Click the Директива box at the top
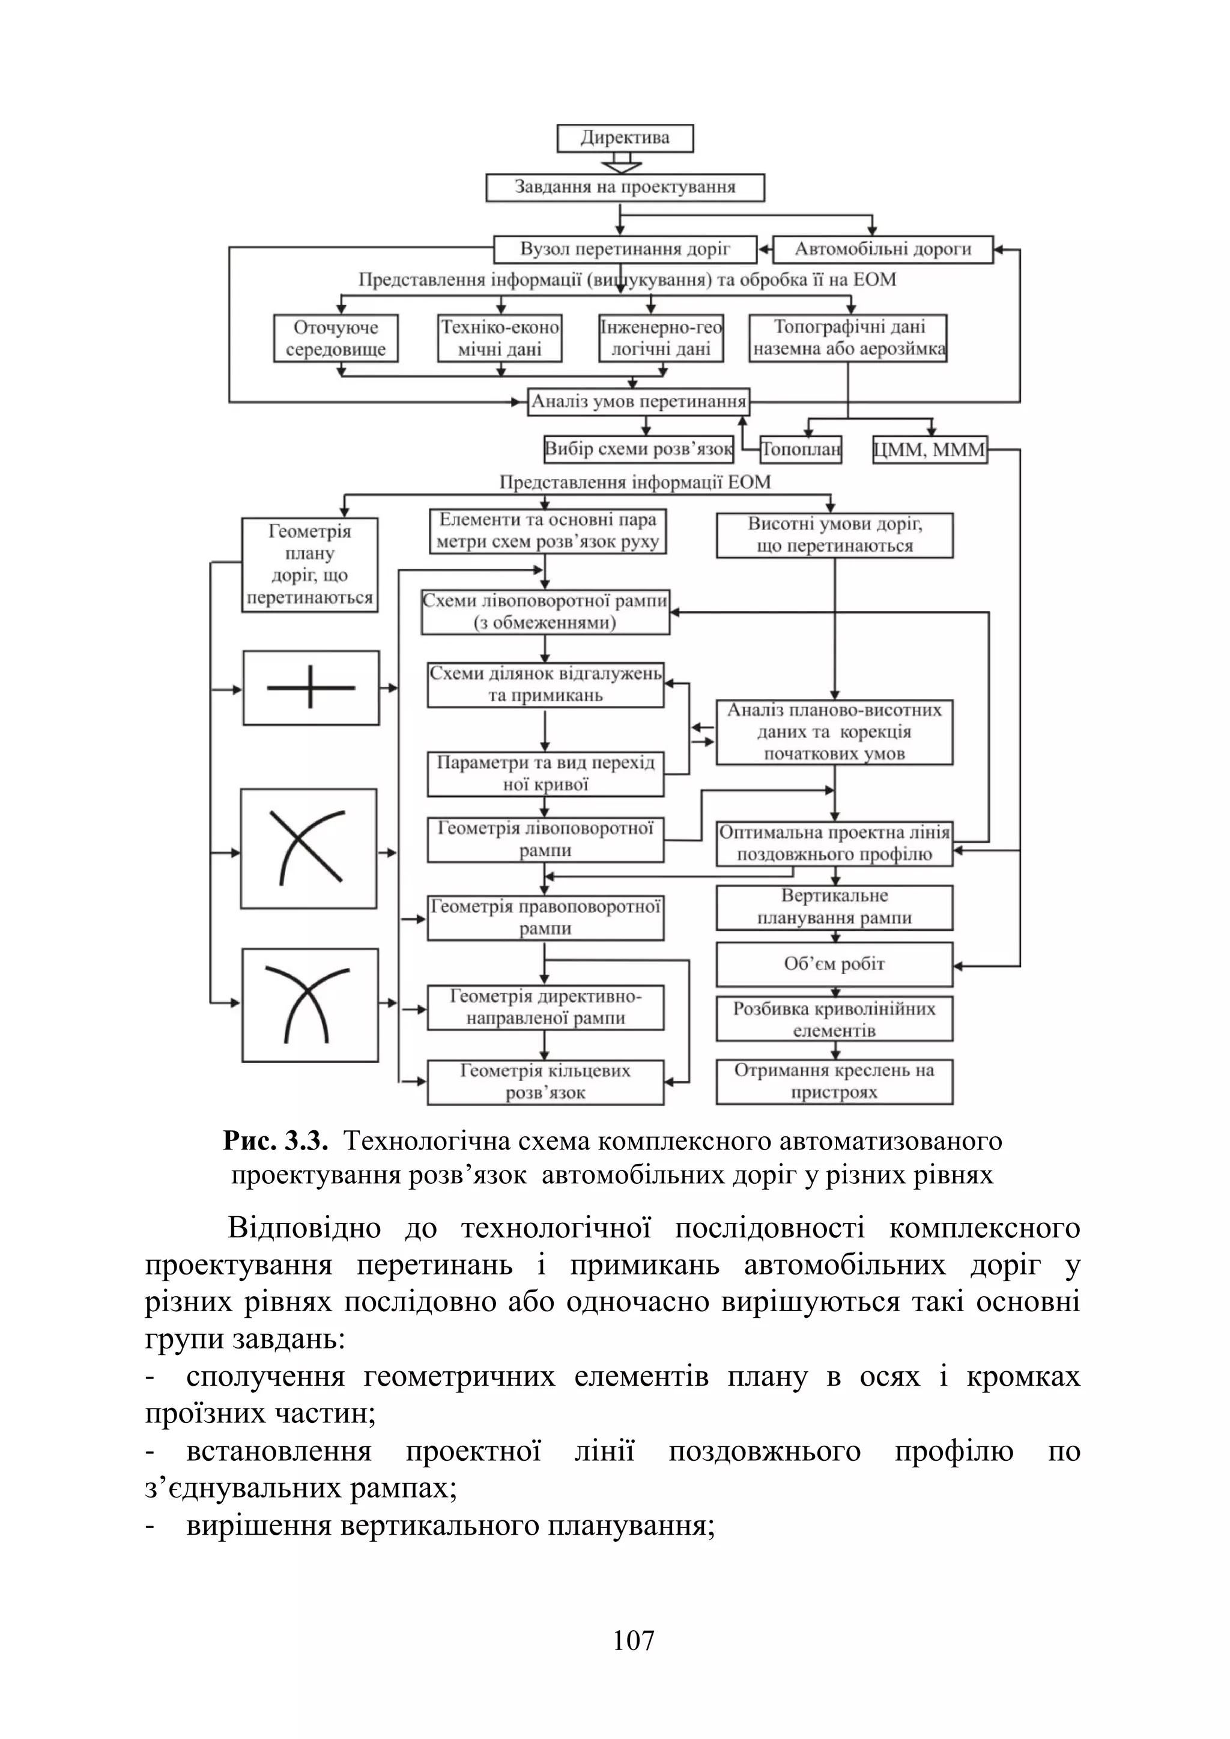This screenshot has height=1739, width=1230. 625,139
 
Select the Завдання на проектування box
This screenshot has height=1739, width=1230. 625,187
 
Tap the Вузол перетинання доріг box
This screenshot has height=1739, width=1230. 625,249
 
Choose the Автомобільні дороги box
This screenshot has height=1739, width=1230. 882,249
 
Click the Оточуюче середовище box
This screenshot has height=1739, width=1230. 336,338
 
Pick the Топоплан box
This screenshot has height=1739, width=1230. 801,450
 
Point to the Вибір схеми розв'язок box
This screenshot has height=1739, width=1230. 638,449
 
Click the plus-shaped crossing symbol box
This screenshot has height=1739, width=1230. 311,688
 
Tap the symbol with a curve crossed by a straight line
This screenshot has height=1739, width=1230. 308,848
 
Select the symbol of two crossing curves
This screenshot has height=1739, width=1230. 310,1005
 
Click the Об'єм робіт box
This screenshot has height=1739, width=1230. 834,964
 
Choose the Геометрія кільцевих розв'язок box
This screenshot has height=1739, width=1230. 545,1082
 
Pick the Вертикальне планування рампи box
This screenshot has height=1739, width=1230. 834,907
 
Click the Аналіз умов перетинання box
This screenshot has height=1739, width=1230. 638,401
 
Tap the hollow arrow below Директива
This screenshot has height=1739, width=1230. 621,163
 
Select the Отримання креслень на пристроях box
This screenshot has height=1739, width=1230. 834,1081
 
